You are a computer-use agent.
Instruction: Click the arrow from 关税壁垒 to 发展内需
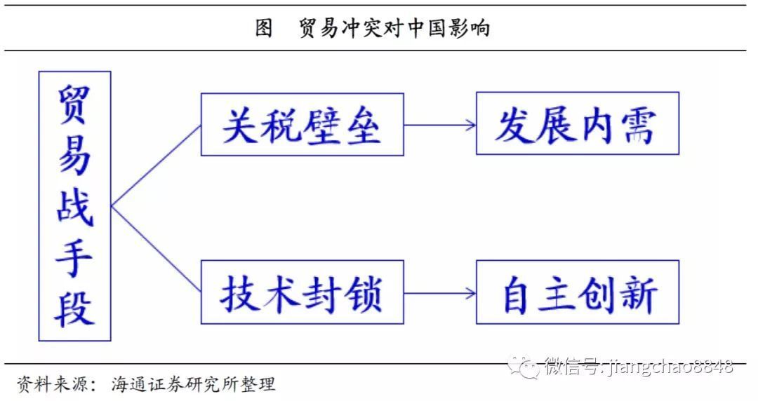point(440,125)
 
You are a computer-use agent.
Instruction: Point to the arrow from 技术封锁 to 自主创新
point(440,293)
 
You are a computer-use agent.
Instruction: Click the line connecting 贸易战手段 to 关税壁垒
point(156,165)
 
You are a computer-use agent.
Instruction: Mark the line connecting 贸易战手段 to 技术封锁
point(156,250)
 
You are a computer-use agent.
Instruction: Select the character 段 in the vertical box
point(74,308)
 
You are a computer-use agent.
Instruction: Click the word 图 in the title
point(264,28)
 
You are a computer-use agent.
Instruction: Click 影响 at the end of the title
point(470,28)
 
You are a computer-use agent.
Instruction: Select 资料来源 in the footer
point(53,385)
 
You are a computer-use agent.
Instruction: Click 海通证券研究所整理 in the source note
point(194,385)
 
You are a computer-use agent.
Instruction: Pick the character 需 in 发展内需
point(639,125)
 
